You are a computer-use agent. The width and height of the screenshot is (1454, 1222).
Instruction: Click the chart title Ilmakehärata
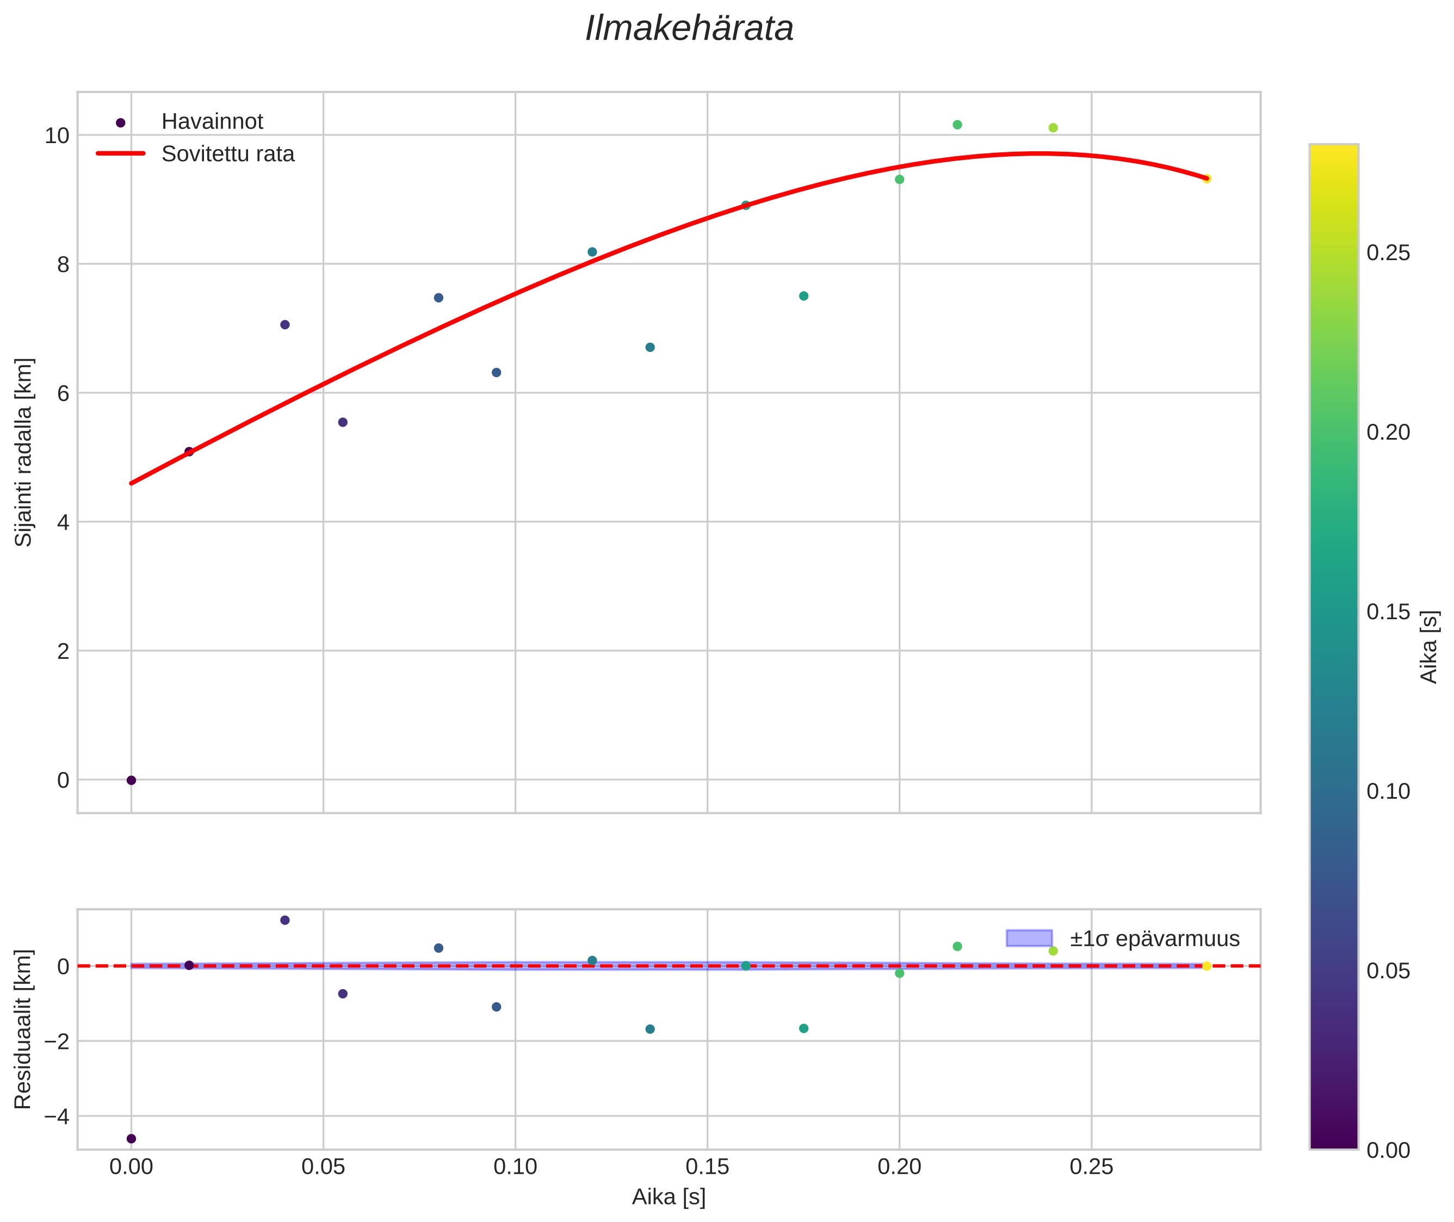(x=689, y=29)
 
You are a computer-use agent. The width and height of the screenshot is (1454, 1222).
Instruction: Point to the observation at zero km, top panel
(x=131, y=780)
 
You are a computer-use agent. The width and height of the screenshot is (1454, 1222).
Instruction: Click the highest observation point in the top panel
(x=957, y=125)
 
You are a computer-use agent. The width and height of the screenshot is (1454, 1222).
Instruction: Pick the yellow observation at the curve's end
(x=1206, y=178)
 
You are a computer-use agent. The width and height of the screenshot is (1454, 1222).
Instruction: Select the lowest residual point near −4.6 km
(x=131, y=1138)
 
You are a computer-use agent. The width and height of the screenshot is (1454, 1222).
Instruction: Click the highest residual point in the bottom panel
(x=284, y=920)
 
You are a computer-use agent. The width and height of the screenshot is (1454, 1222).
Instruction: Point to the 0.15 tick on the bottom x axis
(x=707, y=1167)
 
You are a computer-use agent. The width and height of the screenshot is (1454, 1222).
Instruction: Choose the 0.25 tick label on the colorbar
(x=1388, y=253)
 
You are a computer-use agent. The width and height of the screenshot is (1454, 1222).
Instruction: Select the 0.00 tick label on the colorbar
(x=1388, y=1150)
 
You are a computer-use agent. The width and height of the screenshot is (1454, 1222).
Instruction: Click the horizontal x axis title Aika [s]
(x=669, y=1197)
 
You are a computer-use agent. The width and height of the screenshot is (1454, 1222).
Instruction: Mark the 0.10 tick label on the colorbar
(x=1388, y=791)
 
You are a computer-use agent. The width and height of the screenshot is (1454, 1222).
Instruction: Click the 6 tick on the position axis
(x=63, y=393)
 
